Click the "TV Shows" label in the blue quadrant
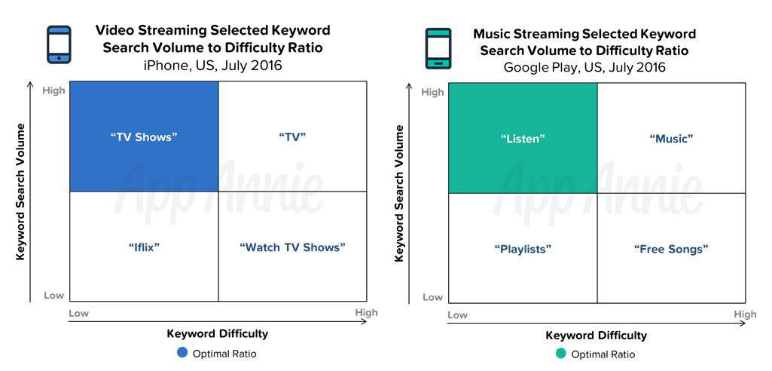144,137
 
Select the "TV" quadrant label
292,137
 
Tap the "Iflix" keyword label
144,247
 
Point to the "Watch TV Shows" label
292,247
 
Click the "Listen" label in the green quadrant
523,139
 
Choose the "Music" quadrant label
671,139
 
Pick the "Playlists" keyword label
523,249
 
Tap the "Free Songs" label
671,249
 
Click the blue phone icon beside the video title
59,44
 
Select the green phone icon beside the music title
438,48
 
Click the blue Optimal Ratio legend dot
182,353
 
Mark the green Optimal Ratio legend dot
561,354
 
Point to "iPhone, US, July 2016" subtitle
212,65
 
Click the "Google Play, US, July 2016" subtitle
584,67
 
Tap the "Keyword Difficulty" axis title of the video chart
218,333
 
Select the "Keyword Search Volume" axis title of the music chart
399,193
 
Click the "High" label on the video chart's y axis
53,90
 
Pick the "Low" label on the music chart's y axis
433,297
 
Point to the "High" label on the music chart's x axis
745,314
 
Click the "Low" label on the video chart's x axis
78,313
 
